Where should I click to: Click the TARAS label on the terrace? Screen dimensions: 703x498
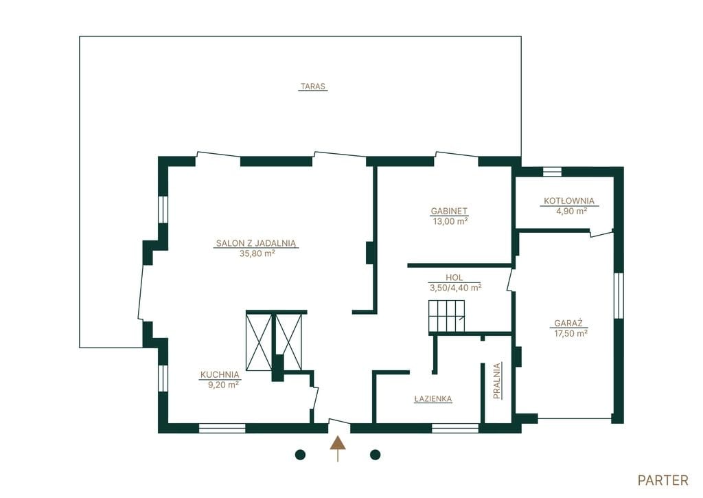tap(313, 86)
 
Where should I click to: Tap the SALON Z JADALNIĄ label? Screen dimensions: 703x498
tap(256, 244)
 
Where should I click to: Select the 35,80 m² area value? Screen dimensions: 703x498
tap(257, 253)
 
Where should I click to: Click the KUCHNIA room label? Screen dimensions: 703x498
tap(220, 374)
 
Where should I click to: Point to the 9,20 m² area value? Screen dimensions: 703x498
tap(223, 385)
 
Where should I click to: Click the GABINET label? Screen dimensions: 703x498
tap(449, 211)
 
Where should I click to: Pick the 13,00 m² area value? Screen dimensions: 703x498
tap(450, 220)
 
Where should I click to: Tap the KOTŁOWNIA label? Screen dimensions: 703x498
tap(569, 201)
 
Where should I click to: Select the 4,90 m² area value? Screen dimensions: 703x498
tap(572, 211)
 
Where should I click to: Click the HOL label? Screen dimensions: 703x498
tap(454, 278)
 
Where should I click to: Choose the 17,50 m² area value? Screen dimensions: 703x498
tap(571, 333)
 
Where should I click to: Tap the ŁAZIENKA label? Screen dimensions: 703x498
tap(433, 398)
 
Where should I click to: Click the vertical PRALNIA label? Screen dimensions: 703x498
tap(497, 381)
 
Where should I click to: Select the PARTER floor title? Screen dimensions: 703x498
tap(662, 481)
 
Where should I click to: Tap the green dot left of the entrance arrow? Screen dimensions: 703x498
tap(301, 455)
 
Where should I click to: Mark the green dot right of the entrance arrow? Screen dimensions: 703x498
tap(376, 455)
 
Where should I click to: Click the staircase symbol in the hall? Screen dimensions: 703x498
tap(446, 316)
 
